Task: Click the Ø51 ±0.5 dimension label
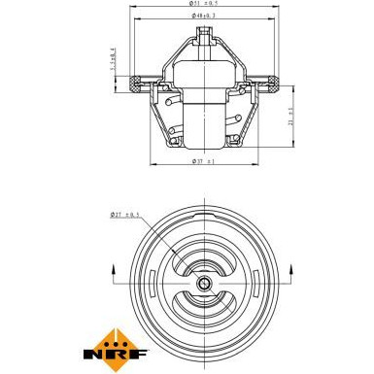click(204, 5)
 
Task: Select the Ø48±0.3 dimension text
click(204, 17)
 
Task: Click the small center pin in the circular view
click(205, 284)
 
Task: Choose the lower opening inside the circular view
click(205, 308)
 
